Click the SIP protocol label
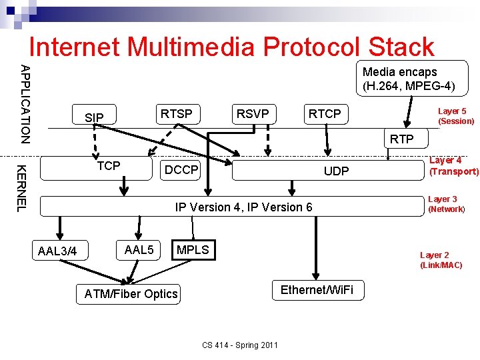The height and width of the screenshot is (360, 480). (x=95, y=118)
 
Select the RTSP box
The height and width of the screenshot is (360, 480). (x=176, y=114)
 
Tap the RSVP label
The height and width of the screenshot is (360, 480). (x=253, y=114)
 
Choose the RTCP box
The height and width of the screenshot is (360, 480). (x=325, y=114)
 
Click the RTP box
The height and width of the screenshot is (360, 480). (x=401, y=139)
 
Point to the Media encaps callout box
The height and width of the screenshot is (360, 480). (x=409, y=79)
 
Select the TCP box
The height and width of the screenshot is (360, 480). (x=109, y=166)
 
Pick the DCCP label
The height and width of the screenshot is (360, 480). (x=181, y=170)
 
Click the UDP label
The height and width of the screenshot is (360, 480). (x=336, y=171)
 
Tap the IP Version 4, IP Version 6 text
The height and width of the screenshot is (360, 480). (x=243, y=207)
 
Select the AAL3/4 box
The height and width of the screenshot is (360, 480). (x=58, y=251)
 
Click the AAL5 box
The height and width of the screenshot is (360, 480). (x=139, y=250)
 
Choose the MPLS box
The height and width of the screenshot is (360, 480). (x=193, y=250)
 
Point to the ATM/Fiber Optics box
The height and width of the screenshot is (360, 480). (x=131, y=294)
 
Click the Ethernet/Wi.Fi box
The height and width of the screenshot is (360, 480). (x=317, y=290)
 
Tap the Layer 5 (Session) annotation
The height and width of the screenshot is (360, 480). (x=455, y=116)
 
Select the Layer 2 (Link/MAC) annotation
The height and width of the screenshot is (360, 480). (x=440, y=260)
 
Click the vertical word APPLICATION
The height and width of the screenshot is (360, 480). (x=24, y=103)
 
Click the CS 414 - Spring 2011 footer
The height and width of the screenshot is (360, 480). (x=239, y=345)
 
